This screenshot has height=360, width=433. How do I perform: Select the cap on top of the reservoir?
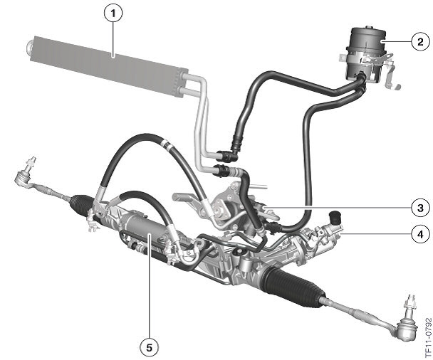coord(367,31)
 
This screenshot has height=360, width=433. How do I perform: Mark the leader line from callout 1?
coord(113,36)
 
